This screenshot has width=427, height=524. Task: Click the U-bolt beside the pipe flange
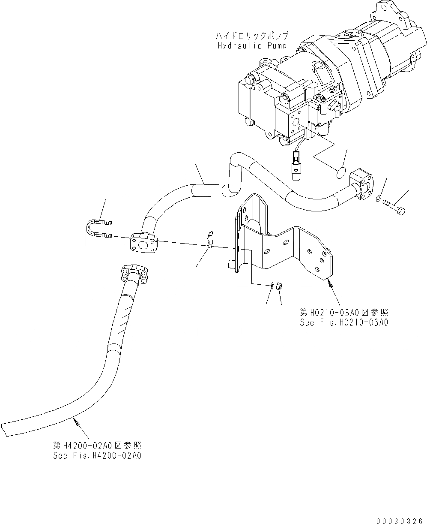(x=98, y=228)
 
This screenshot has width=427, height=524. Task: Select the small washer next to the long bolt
(x=378, y=198)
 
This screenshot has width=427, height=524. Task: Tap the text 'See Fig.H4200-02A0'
(x=97, y=455)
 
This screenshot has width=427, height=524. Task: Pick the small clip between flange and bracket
(x=210, y=239)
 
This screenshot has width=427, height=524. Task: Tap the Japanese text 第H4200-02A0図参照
(x=97, y=446)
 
